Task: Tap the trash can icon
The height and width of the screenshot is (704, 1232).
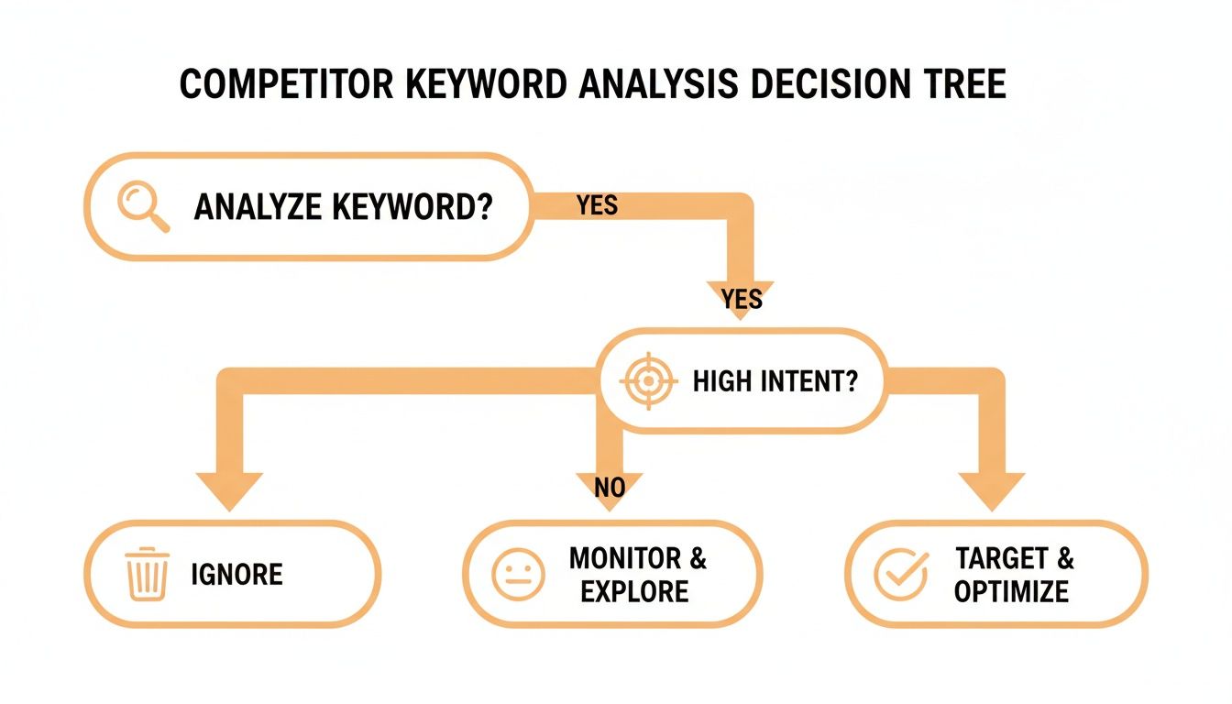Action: [148, 575]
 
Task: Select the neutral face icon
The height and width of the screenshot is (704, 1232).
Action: [518, 575]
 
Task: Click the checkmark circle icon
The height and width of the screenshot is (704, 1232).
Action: [900, 575]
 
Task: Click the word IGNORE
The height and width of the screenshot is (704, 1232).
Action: [237, 575]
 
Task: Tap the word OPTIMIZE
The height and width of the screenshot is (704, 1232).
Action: [1011, 591]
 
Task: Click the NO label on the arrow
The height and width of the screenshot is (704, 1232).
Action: [610, 488]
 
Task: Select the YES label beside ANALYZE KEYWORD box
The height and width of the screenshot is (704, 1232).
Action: [597, 206]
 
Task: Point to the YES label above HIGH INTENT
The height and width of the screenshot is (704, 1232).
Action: [742, 298]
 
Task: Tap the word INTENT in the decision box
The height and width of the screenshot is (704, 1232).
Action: [810, 380]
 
